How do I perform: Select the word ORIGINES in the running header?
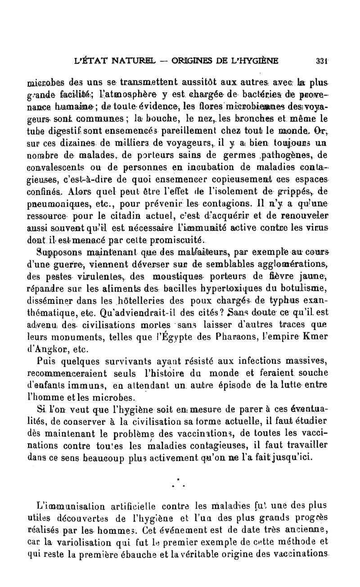pyautogui.click(x=195, y=60)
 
